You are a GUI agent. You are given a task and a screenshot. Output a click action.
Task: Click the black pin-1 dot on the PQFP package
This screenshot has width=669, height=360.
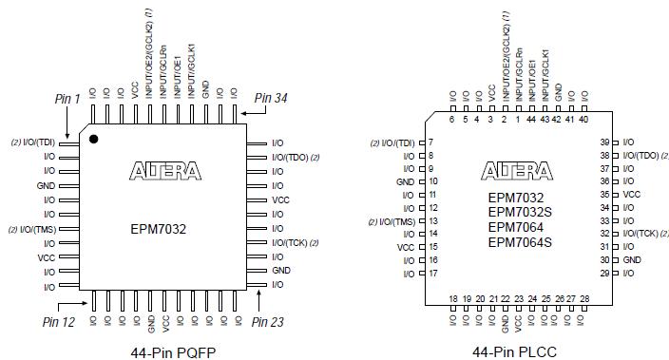pyautogui.click(x=94, y=140)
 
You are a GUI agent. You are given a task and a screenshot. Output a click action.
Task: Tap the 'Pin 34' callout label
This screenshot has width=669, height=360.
pyautogui.click(x=271, y=98)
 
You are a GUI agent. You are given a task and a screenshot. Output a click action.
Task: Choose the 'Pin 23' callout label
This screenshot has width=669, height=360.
pyautogui.click(x=267, y=321)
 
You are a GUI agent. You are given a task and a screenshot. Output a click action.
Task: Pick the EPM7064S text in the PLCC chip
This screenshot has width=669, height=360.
pyautogui.click(x=520, y=242)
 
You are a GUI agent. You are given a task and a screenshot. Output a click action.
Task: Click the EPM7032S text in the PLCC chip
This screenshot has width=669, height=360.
pyautogui.click(x=520, y=212)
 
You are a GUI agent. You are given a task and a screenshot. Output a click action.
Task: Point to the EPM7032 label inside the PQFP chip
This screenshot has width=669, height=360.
pyautogui.click(x=159, y=229)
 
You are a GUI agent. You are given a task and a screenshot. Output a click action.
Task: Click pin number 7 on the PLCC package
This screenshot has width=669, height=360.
pyautogui.click(x=431, y=142)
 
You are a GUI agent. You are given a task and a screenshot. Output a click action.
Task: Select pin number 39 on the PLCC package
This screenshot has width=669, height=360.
pyautogui.click(x=603, y=142)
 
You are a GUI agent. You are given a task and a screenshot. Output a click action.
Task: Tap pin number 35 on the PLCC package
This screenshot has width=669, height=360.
pyautogui.click(x=603, y=194)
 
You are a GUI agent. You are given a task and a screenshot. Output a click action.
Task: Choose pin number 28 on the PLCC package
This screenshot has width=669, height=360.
pyautogui.click(x=583, y=298)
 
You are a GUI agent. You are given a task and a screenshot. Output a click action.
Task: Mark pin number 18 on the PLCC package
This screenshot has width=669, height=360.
pyautogui.click(x=452, y=298)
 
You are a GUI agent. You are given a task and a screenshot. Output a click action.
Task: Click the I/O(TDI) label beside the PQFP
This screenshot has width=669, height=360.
pyautogui.click(x=39, y=142)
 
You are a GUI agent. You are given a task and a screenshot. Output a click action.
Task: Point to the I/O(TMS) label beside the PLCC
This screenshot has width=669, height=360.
pyautogui.click(x=393, y=220)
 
